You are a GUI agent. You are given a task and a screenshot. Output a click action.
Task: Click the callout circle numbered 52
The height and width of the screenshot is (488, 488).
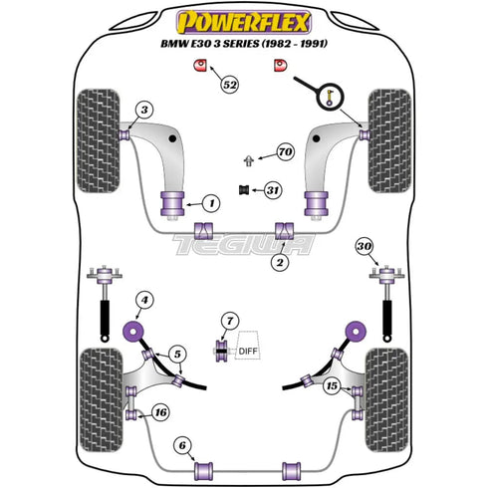click(x=231, y=86)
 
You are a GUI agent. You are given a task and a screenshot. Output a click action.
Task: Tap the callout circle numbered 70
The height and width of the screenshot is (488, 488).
click(x=285, y=152)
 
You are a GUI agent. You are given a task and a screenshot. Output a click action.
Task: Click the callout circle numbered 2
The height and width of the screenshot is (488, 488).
click(x=280, y=262)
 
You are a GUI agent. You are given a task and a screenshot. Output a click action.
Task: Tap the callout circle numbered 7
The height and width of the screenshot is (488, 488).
click(x=231, y=321)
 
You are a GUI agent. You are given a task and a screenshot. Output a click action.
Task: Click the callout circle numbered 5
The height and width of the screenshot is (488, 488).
click(x=177, y=352)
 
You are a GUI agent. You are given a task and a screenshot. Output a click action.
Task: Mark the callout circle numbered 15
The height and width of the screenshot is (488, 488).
click(x=331, y=384)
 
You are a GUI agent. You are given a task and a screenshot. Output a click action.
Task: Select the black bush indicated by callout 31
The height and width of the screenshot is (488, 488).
click(x=241, y=190)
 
